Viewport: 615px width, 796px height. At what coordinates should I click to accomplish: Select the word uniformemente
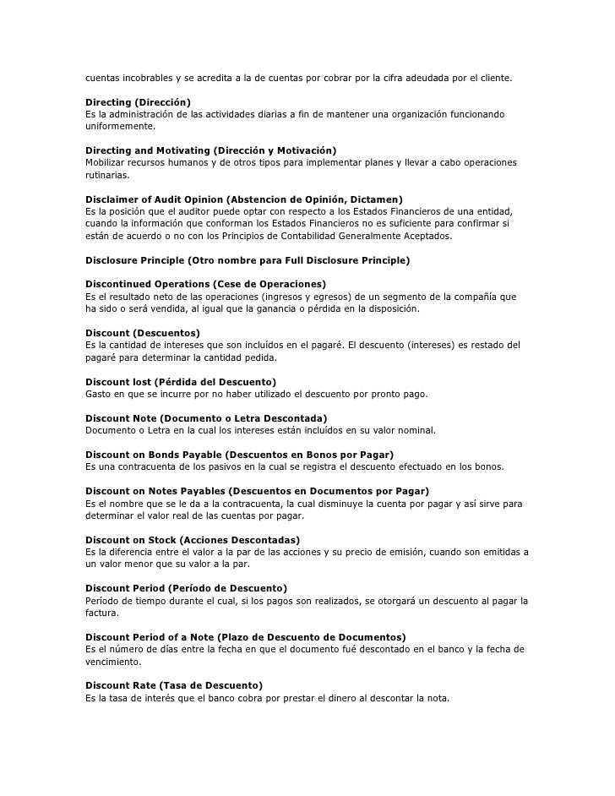tap(120, 126)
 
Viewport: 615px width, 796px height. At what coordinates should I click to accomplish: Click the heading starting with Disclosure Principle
tap(248, 259)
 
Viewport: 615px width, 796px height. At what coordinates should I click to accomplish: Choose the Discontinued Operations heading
tap(206, 284)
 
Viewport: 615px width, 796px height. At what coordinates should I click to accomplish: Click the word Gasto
tap(98, 394)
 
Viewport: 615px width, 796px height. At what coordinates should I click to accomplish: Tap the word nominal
tap(414, 430)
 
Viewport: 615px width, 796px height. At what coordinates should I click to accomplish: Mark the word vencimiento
tap(112, 662)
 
